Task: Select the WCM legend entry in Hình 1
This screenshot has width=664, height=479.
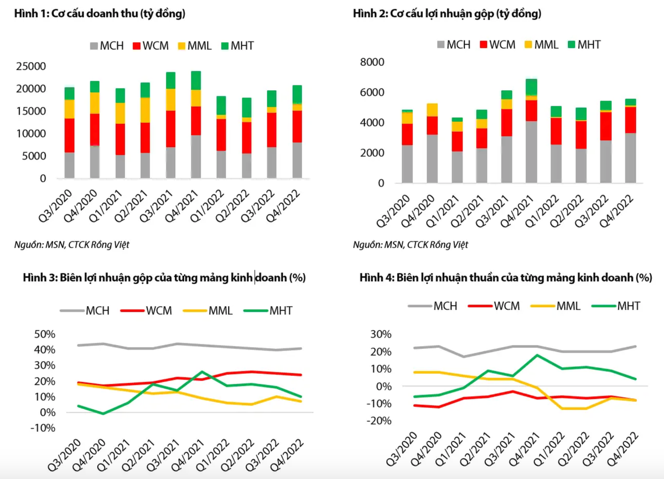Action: (152, 46)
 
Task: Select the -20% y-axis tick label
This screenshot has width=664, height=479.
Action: (378, 420)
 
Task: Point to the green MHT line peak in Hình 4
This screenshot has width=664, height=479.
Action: (536, 355)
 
